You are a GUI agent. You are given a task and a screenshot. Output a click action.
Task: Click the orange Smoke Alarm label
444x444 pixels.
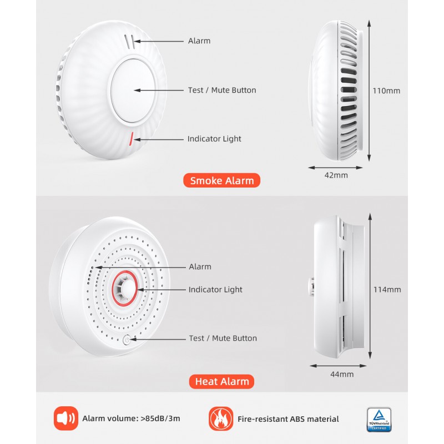coord(222,180)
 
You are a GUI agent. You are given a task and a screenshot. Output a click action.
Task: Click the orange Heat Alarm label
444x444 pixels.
coord(222,381)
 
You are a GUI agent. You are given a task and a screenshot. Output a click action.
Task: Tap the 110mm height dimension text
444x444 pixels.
coord(386,90)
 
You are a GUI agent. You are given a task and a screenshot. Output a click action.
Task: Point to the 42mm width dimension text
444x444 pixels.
coord(336,175)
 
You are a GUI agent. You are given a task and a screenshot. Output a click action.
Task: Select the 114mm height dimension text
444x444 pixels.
coord(387,289)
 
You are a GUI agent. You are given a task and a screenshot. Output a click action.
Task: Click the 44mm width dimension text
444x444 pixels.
coord(342,374)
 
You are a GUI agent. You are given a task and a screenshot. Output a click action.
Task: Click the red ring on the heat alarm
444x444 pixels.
coord(128,289)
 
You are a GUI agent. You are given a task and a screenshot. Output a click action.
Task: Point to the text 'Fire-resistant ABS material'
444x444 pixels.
coord(287,419)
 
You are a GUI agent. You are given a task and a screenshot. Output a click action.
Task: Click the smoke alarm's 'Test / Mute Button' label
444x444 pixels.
coord(222,90)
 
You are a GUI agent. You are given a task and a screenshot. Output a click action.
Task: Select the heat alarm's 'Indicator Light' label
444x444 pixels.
coord(215,290)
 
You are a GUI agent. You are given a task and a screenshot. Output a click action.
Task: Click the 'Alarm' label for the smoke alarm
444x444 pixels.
coord(199,41)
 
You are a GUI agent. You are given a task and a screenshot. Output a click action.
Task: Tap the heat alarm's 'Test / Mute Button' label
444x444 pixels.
coord(223,338)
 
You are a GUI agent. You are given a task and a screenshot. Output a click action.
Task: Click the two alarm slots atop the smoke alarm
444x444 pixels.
coord(130,41)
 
